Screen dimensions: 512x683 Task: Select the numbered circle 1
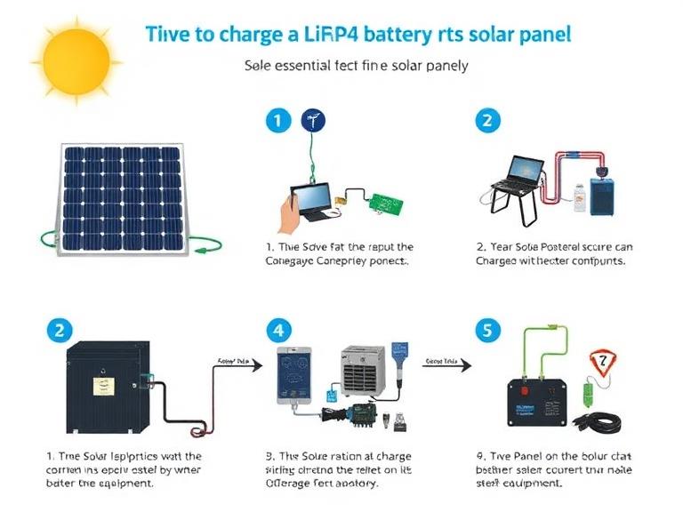[278, 121]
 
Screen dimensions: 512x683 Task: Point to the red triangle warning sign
[601, 362]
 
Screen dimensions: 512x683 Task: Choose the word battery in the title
[430, 35]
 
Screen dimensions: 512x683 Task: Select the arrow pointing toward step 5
[444, 364]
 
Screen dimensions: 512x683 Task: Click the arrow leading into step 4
[240, 364]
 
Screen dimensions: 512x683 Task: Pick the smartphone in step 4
[296, 375]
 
